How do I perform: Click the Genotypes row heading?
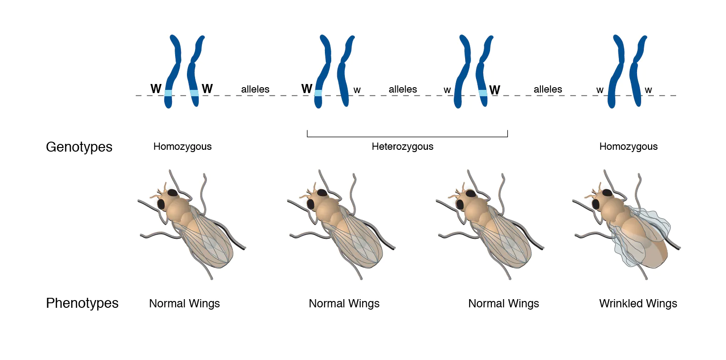pos(79,147)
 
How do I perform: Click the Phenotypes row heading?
pos(82,303)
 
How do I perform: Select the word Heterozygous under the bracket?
pos(402,147)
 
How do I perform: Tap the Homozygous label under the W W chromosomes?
pos(182,147)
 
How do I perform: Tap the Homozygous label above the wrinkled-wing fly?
pos(628,147)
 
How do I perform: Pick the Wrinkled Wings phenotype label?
pos(638,304)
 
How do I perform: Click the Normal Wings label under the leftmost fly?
pos(184,304)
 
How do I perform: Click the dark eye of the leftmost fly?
pos(161,204)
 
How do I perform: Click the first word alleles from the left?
pos(255,89)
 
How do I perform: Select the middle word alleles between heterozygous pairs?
pos(402,89)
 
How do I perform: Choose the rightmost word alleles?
pos(548,89)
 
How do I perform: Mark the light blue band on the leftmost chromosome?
pos(168,93)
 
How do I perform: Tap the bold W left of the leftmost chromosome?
pos(156,89)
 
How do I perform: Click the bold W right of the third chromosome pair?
pos(495,90)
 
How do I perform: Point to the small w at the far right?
pos(648,90)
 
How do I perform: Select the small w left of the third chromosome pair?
pos(447,90)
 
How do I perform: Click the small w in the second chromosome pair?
pos(357,90)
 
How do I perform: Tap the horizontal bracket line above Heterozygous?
pos(407,137)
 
